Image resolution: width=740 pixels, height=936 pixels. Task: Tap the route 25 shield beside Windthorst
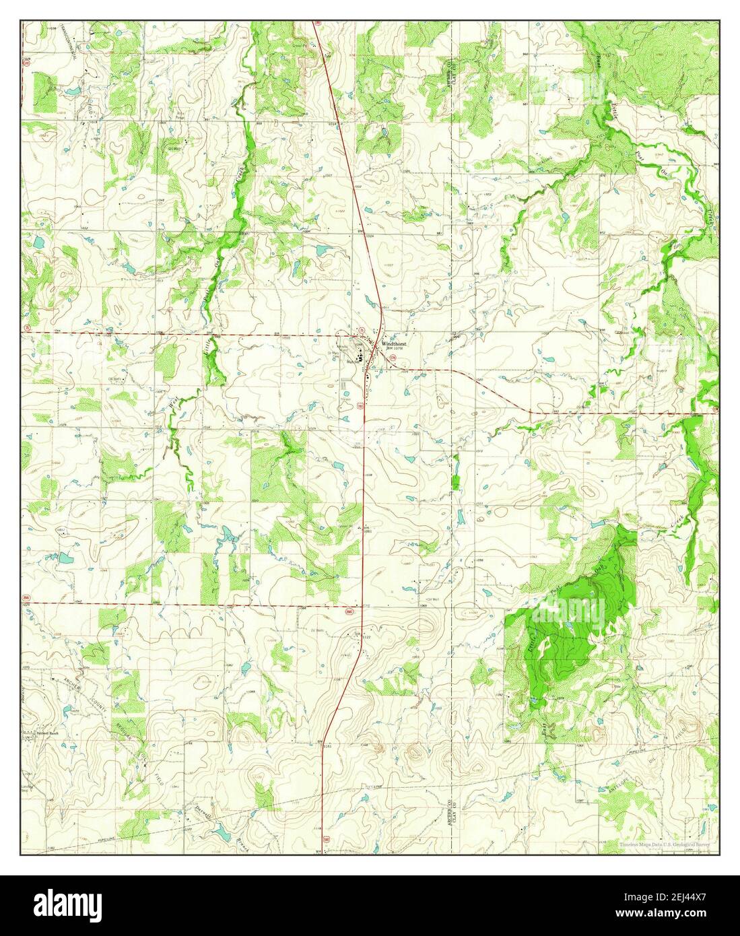point(362,330)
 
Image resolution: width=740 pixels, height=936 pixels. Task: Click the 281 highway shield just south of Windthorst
point(360,406)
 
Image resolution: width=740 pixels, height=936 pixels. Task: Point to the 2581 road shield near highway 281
point(349,611)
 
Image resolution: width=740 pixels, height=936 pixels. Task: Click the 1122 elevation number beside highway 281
point(367,636)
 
